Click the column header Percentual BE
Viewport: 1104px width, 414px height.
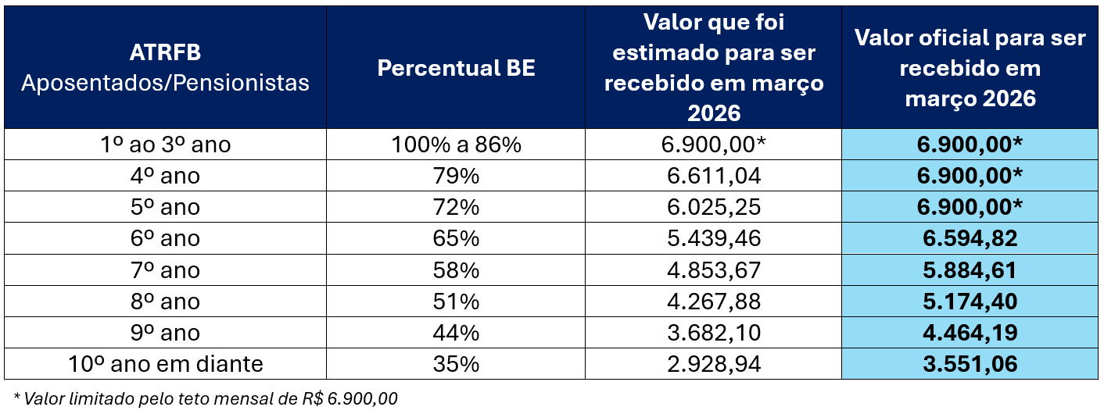pos(456,68)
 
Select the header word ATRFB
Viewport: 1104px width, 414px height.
pos(165,53)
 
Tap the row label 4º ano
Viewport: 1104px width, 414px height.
pos(165,177)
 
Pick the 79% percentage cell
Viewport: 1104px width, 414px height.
pos(456,177)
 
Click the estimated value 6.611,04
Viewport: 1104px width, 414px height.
pos(713,177)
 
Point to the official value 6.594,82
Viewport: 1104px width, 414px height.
pos(970,239)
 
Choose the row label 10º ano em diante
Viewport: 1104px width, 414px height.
pos(165,364)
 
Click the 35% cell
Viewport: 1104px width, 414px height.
pos(456,364)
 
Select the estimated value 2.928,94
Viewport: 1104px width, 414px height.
pos(713,364)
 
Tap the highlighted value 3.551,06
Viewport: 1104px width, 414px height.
pos(970,364)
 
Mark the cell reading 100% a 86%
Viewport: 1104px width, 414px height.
pos(456,145)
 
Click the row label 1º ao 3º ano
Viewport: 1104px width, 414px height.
pos(165,145)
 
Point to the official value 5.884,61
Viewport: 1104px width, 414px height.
pos(970,270)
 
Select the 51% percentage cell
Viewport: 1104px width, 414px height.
pos(456,302)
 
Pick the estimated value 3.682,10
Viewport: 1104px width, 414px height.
pos(713,333)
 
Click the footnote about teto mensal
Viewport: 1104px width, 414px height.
pos(206,398)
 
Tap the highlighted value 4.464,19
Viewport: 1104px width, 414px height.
pos(970,333)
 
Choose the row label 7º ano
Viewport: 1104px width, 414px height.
pos(165,270)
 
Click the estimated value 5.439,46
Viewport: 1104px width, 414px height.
pos(713,239)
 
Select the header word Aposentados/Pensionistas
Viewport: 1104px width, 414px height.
pos(165,83)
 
